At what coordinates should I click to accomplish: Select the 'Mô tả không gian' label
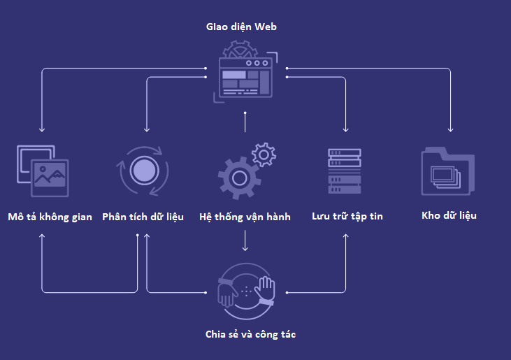pyautogui.click(x=50, y=217)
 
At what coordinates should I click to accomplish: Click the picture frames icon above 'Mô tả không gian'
pyautogui.click(x=43, y=170)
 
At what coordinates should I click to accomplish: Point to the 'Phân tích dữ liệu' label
pyautogui.click(x=143, y=217)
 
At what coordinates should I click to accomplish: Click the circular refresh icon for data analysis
pyautogui.click(x=143, y=170)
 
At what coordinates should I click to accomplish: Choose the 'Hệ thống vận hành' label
pyautogui.click(x=245, y=217)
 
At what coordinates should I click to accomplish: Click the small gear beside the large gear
pyautogui.click(x=264, y=154)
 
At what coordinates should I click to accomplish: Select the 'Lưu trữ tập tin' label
pyautogui.click(x=347, y=217)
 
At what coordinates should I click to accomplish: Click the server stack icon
pyautogui.click(x=345, y=171)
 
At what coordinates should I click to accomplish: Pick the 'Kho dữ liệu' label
pyautogui.click(x=449, y=215)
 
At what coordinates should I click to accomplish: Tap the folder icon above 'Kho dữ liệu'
pyautogui.click(x=448, y=171)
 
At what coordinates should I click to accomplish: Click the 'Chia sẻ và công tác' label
pyautogui.click(x=250, y=334)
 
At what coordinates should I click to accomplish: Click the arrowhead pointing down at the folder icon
pyautogui.click(x=451, y=129)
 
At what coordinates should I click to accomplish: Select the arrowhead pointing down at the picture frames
pyautogui.click(x=42, y=129)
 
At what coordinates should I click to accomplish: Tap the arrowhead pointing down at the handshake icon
pyautogui.click(x=245, y=248)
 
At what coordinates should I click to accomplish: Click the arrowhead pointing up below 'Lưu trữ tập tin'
pyautogui.click(x=346, y=236)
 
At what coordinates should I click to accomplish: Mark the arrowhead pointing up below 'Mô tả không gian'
pyautogui.click(x=42, y=236)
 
